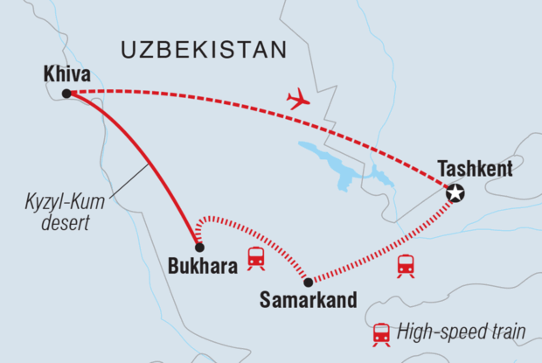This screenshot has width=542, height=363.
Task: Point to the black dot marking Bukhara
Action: pos(199,248)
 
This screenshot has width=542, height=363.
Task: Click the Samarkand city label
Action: pos(309,300)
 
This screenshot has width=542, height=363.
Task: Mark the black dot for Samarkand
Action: pos(308,282)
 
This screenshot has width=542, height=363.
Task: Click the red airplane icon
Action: pos(298,101)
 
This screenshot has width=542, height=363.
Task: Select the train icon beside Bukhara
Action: pos(256,257)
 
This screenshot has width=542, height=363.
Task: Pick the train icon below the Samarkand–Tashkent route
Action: pos(406,266)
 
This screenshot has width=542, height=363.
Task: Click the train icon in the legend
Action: pos(381,332)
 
